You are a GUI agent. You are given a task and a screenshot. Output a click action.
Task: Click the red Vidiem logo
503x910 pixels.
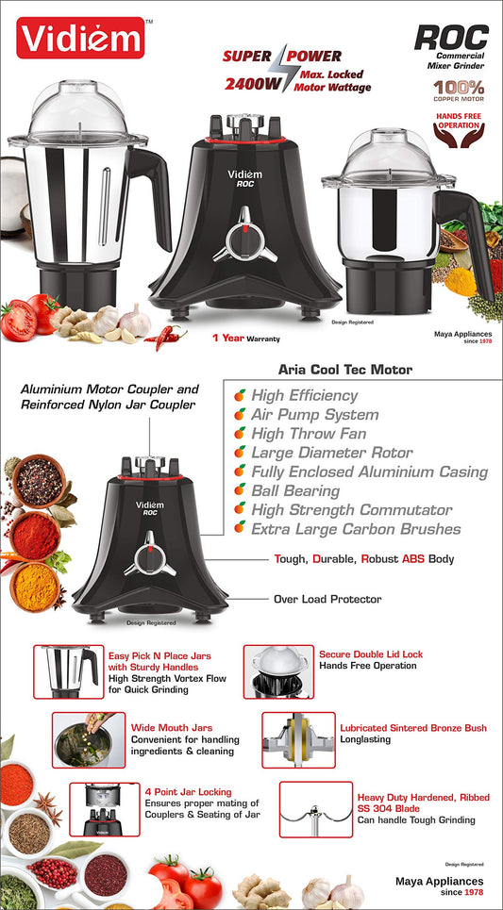pyautogui.click(x=80, y=38)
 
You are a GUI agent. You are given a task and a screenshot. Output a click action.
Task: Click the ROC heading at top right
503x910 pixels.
pyautogui.click(x=451, y=38)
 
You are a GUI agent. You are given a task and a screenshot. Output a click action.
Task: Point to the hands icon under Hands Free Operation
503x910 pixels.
pyautogui.click(x=459, y=136)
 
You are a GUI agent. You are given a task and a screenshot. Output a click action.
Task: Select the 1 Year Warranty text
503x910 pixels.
pyautogui.click(x=246, y=338)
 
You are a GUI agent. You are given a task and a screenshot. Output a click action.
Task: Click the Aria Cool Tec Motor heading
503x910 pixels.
pyautogui.click(x=345, y=369)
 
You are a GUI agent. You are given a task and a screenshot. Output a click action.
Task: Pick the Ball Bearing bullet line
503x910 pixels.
pyautogui.click(x=288, y=490)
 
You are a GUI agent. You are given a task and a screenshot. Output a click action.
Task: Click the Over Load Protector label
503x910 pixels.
pyautogui.click(x=327, y=599)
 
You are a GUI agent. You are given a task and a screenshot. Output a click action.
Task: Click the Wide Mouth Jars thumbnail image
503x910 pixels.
pyautogui.click(x=89, y=740)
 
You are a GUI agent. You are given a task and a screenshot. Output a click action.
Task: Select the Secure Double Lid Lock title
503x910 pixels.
pyautogui.click(x=371, y=654)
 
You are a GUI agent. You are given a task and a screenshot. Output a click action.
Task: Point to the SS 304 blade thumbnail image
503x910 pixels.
pyautogui.click(x=315, y=809)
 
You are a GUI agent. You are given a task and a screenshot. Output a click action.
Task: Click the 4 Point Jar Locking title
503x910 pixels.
pyautogui.click(x=188, y=791)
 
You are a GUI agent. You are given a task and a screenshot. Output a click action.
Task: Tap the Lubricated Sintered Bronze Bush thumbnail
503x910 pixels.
pyautogui.click(x=298, y=740)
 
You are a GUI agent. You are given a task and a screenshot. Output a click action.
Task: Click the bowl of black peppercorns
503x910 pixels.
pyautogui.click(x=39, y=481)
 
